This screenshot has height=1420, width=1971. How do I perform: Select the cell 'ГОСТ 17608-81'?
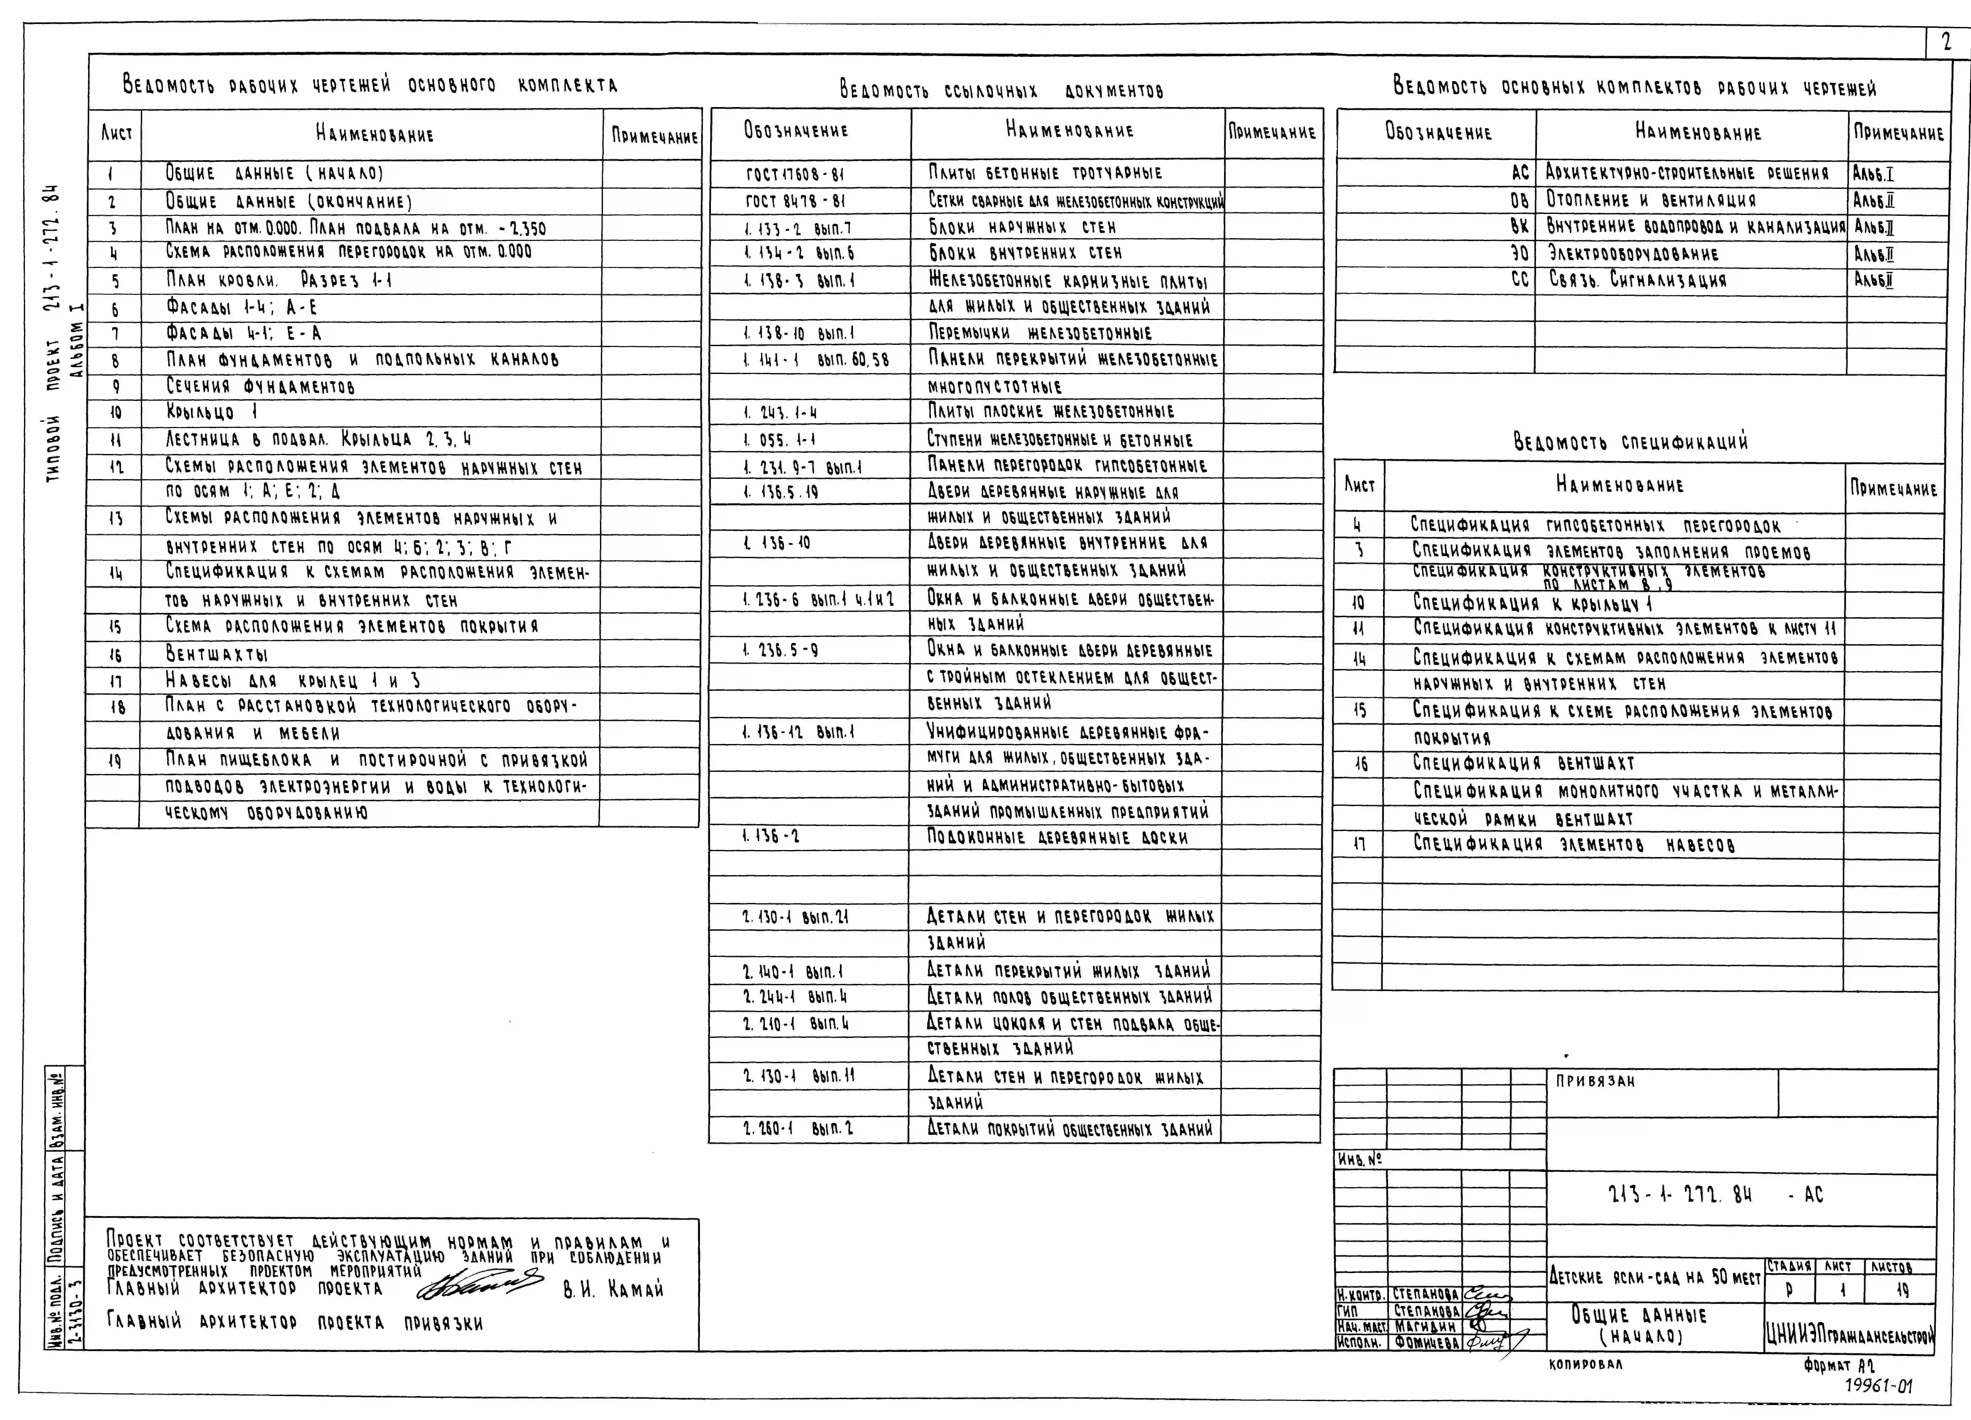[794, 174]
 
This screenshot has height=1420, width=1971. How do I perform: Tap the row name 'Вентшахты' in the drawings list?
[217, 654]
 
